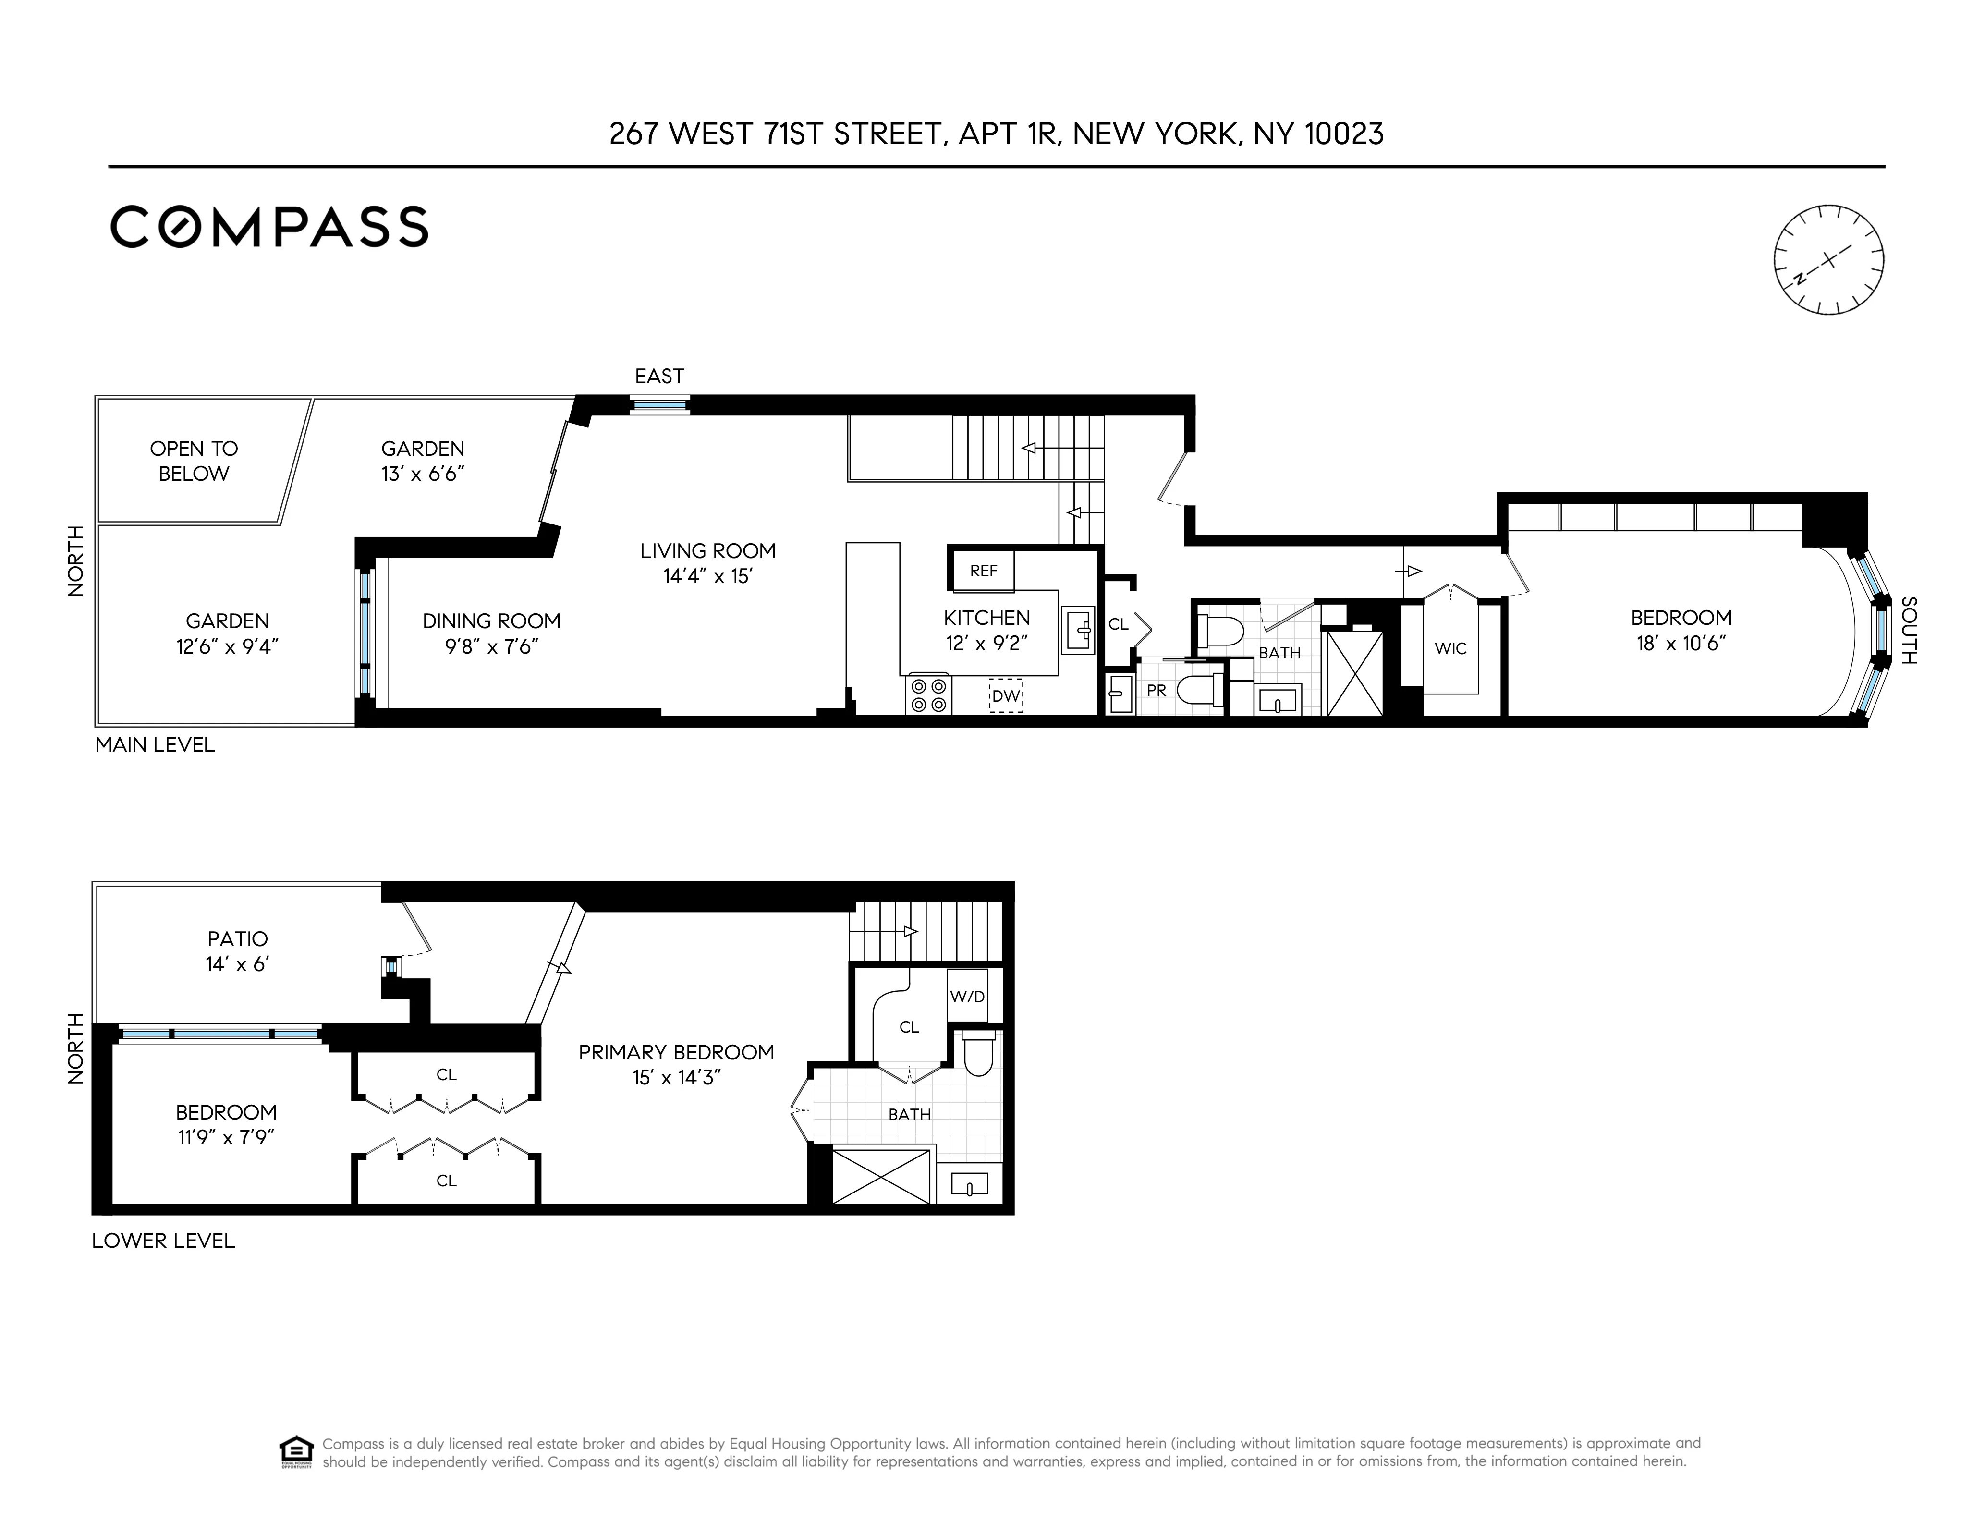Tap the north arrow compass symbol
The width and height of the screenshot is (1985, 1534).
[x=1829, y=260]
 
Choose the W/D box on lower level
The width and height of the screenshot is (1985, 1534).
[x=967, y=996]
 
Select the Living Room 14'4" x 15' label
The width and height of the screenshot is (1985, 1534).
[x=707, y=563]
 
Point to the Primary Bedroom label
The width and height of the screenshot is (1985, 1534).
[x=676, y=1052]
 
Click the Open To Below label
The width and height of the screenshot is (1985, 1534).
[x=194, y=461]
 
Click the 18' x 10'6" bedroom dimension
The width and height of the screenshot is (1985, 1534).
[x=1681, y=644]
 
